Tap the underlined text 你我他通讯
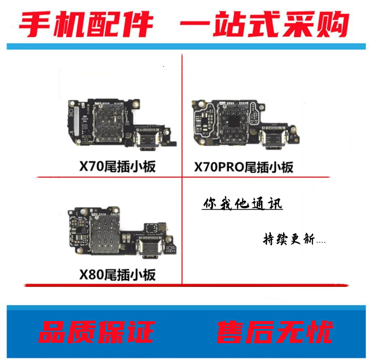click(x=242, y=204)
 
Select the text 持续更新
click(x=290, y=240)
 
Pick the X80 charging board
click(x=121, y=234)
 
